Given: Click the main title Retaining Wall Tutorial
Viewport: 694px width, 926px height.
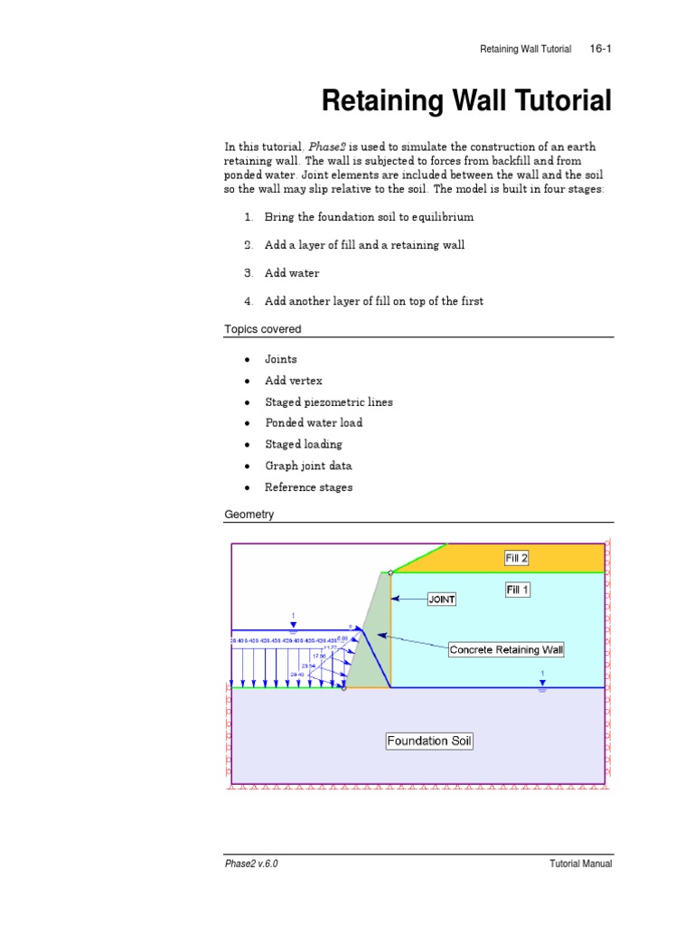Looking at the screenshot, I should click(466, 101).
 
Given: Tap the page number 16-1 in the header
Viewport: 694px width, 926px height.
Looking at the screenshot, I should click(601, 49).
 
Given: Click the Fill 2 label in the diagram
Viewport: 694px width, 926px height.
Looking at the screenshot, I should click(516, 558).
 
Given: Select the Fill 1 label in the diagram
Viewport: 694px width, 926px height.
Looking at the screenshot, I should click(517, 590).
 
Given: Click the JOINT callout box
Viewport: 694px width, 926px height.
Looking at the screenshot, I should click(442, 599).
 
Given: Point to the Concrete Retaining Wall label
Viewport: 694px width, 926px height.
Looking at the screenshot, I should click(506, 649).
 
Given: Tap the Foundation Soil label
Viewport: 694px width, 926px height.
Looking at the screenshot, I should click(429, 741).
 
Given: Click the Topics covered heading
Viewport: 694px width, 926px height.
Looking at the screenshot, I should click(263, 329).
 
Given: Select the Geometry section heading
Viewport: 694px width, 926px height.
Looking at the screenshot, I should click(249, 515).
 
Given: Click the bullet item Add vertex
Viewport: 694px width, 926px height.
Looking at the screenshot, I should click(293, 381).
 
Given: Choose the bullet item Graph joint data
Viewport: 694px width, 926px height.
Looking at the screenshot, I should click(308, 466).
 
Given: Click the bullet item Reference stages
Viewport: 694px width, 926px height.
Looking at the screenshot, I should click(308, 487).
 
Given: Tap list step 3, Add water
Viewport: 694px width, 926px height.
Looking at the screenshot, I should click(291, 273).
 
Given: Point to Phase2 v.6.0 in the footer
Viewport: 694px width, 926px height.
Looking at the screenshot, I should click(251, 864).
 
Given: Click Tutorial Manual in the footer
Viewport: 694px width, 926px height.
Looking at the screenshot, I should click(581, 864).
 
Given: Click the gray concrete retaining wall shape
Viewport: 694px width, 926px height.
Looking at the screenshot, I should click(372, 642).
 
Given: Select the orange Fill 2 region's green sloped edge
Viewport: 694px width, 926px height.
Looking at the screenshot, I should click(418, 558).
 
